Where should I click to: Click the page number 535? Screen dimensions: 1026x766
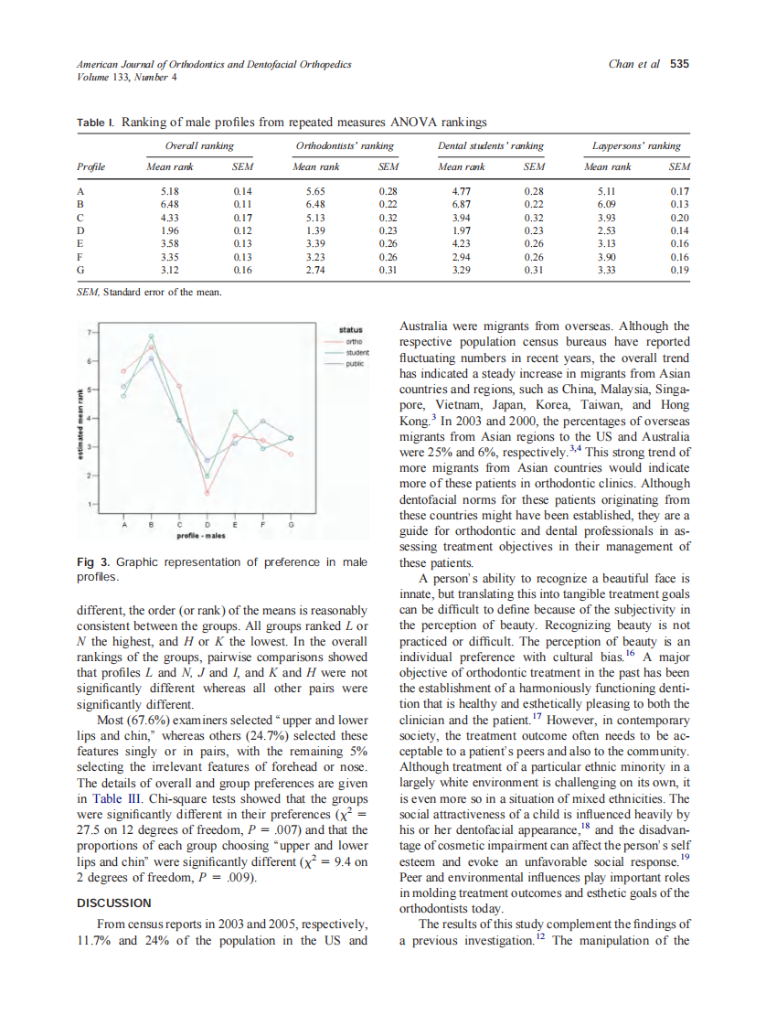(679, 64)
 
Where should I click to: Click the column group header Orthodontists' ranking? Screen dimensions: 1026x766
(345, 145)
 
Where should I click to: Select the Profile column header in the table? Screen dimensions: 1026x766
(90, 167)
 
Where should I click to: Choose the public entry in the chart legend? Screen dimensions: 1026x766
(354, 363)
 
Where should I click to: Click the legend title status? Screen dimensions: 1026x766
(350, 330)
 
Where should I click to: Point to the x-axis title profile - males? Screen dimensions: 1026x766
(207, 538)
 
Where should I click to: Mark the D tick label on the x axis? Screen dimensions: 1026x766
(207, 525)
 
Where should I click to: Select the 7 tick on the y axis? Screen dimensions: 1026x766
(89, 332)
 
